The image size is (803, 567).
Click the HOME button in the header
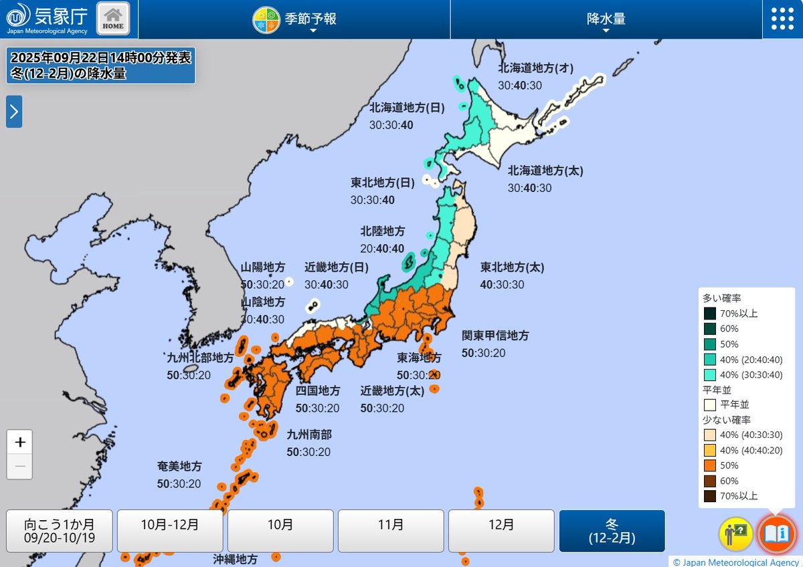click(x=113, y=19)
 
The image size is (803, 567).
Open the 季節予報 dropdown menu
click(x=294, y=19)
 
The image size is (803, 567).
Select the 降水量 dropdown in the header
click(x=606, y=19)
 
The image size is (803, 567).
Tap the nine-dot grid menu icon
click(x=782, y=19)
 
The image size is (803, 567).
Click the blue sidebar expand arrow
click(x=14, y=112)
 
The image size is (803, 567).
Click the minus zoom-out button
click(x=20, y=466)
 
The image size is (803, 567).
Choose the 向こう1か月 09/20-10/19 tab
click(x=60, y=531)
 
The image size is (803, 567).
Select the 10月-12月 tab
click(x=170, y=531)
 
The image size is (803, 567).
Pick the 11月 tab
click(x=391, y=531)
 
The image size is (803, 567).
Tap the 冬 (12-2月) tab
click(x=612, y=531)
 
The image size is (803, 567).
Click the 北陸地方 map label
click(x=383, y=231)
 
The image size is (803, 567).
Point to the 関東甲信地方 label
click(x=495, y=336)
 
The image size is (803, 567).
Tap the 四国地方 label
click(x=318, y=390)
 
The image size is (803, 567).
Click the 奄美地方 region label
click(x=179, y=467)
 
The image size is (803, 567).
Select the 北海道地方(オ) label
click(x=536, y=68)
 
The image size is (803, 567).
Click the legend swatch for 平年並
click(x=710, y=405)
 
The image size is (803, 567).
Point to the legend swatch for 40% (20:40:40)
click(x=710, y=359)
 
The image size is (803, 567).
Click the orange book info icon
click(x=776, y=534)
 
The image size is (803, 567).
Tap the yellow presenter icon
click(x=736, y=534)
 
